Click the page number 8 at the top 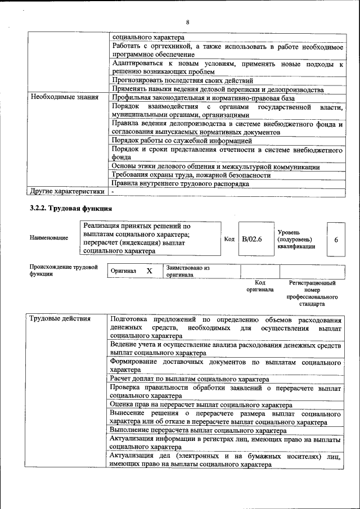pyautogui.click(x=187, y=22)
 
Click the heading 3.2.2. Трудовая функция pyautogui.click(x=66, y=209)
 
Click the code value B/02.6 pyautogui.click(x=251, y=239)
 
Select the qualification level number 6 pyautogui.click(x=336, y=240)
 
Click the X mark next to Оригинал pyautogui.click(x=149, y=271)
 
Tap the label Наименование pyautogui.click(x=49, y=237)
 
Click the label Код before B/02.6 pyautogui.click(x=229, y=239)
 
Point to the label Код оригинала pyautogui.click(x=260, y=286)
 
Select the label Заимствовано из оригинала pyautogui.click(x=188, y=271)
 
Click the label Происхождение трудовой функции pyautogui.click(x=64, y=270)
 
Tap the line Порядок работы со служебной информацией pyautogui.click(x=181, y=141)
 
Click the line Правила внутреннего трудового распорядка pyautogui.click(x=179, y=183)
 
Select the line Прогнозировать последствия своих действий pyautogui.click(x=178, y=81)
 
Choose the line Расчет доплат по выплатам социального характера pyautogui.click(x=190, y=379)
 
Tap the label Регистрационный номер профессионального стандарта pyautogui.click(x=312, y=293)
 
